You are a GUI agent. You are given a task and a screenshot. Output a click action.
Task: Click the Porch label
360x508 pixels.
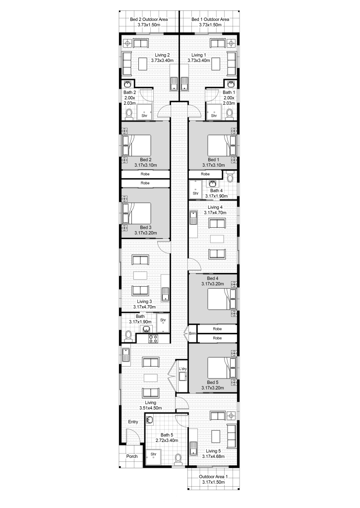click(132, 456)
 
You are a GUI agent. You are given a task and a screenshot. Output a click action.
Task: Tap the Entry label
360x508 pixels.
click(133, 422)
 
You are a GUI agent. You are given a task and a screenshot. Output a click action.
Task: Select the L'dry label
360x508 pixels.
click(183, 369)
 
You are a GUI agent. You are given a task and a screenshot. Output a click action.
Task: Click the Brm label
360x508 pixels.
click(192, 333)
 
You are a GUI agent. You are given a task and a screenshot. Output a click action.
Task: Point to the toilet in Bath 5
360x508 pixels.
click(178, 459)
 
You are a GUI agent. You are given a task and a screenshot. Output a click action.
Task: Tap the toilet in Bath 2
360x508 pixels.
click(129, 115)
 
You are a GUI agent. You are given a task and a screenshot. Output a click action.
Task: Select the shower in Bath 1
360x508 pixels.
click(214, 112)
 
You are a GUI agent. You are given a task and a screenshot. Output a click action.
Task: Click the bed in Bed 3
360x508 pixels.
click(137, 213)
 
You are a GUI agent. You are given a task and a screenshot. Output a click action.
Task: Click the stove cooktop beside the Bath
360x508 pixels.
click(153, 339)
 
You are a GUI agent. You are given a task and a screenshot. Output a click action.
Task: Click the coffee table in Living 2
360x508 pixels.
click(143, 64)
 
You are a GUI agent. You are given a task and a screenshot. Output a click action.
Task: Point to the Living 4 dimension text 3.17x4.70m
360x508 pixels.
click(215, 213)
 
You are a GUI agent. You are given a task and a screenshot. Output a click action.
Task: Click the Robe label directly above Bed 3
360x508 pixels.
click(145, 183)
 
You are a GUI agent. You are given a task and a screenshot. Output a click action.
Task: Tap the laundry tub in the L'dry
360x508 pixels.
click(183, 377)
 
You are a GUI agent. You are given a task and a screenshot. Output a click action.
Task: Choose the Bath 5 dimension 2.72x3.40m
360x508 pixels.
click(167, 441)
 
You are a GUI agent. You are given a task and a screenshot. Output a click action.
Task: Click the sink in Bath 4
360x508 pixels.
click(213, 184)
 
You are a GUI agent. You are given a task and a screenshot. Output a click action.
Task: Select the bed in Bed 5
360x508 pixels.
click(222, 368)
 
